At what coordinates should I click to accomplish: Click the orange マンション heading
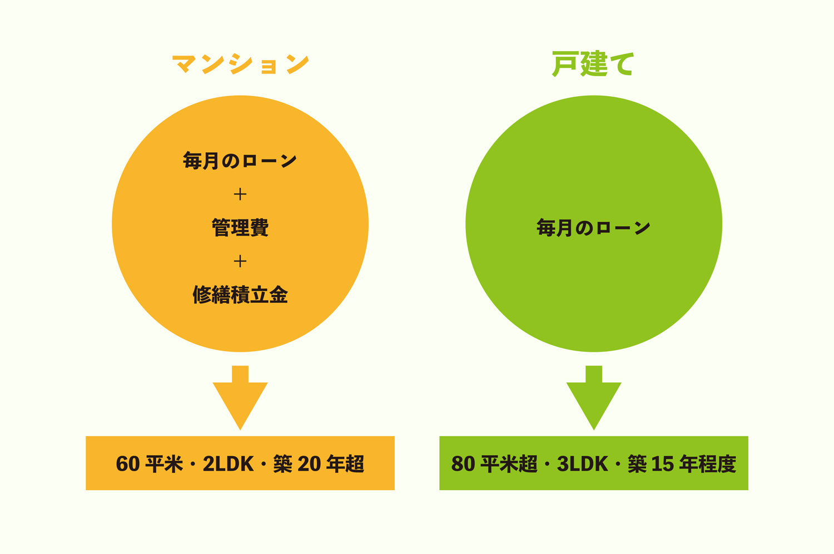coord(241,63)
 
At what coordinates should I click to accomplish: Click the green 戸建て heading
coord(593,63)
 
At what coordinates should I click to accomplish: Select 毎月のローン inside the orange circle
coord(240,161)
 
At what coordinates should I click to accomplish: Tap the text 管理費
coord(240,228)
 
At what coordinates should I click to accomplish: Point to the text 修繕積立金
coord(240,295)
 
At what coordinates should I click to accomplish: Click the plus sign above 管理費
coord(240,194)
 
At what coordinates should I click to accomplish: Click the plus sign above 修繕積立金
coord(240,261)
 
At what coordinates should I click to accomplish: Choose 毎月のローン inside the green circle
coord(593,228)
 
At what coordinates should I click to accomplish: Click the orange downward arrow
coord(240,398)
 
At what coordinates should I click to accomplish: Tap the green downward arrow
coord(594,398)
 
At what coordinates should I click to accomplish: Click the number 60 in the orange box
coord(128,464)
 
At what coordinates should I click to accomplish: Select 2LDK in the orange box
coord(228,464)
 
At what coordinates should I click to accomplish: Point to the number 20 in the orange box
coord(309,464)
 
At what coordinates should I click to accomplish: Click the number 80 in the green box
coord(463,464)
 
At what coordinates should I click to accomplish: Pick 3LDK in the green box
coord(582,464)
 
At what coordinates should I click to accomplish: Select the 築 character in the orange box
coord(282,464)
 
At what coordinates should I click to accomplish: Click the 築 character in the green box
coord(637,464)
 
